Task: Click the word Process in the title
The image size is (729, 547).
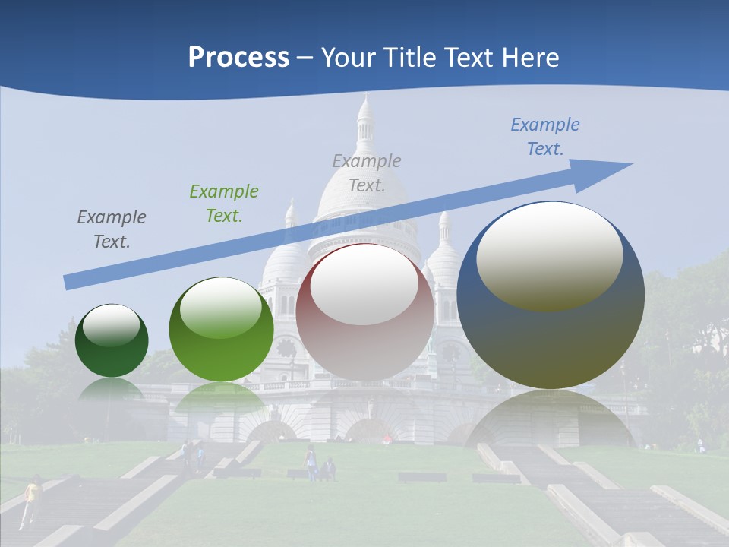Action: point(238,58)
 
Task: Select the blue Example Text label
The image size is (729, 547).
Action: point(545,137)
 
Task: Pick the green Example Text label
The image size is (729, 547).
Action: point(224,203)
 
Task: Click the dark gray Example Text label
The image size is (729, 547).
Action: point(112,229)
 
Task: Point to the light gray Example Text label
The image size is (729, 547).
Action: point(367,172)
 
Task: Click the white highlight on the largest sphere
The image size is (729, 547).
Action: point(550,256)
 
